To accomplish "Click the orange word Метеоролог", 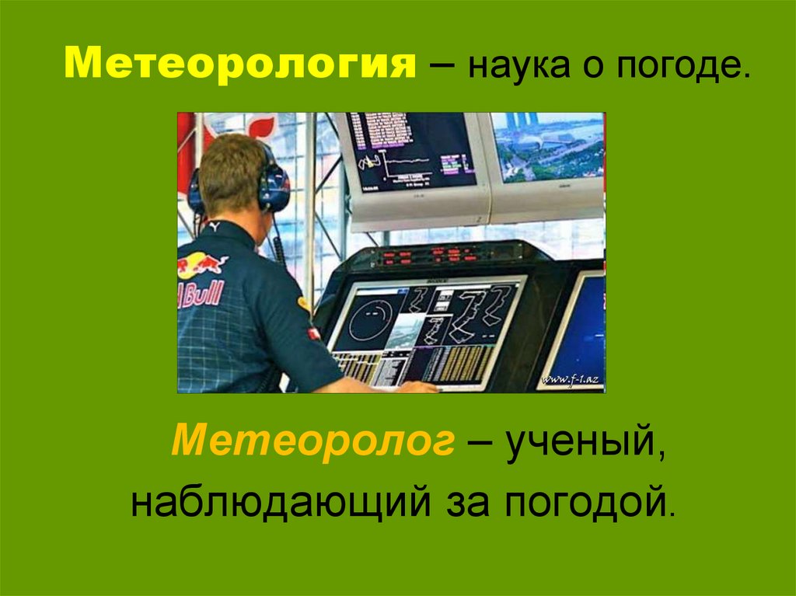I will [x=312, y=441].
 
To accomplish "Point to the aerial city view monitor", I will [x=548, y=147].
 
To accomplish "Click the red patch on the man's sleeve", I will [x=314, y=333].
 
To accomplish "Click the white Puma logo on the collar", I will [x=214, y=226].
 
